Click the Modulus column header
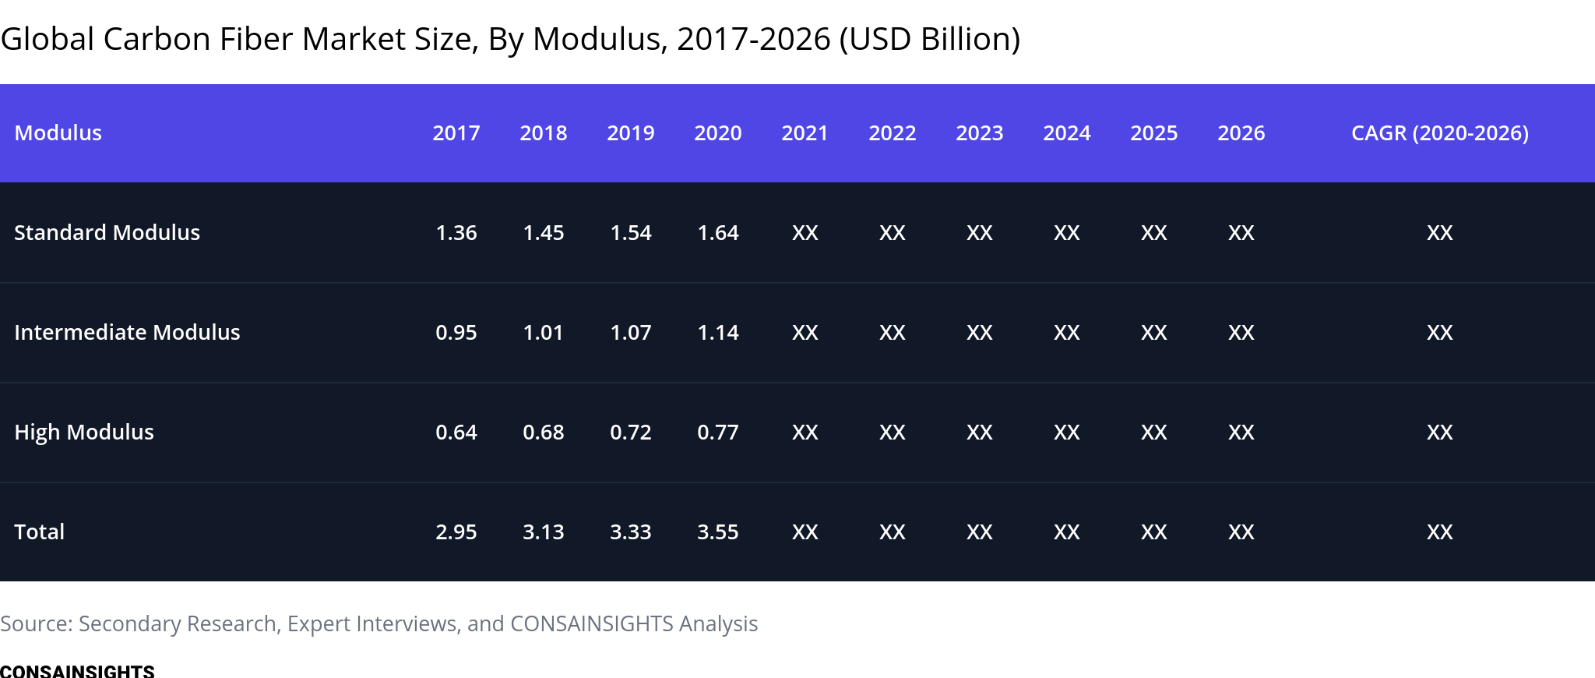[x=58, y=133]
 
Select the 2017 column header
[x=456, y=133]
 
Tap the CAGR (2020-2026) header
[x=1440, y=133]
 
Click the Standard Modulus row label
[x=107, y=232]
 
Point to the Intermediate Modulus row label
[x=128, y=332]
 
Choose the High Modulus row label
[x=84, y=432]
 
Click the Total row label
[x=40, y=531]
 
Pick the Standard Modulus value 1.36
[x=456, y=232]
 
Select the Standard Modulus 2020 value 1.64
[x=718, y=232]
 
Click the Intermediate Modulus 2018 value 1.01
[x=544, y=332]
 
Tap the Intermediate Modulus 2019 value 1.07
[x=631, y=332]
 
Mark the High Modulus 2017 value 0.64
[x=456, y=432]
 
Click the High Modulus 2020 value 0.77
[x=718, y=432]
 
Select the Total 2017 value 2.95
[x=456, y=531]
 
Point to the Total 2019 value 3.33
[x=631, y=531]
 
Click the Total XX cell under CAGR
[x=1440, y=531]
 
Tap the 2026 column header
[x=1241, y=133]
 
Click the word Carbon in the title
[x=157, y=39]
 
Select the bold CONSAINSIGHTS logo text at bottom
[x=77, y=671]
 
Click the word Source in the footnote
[x=36, y=623]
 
